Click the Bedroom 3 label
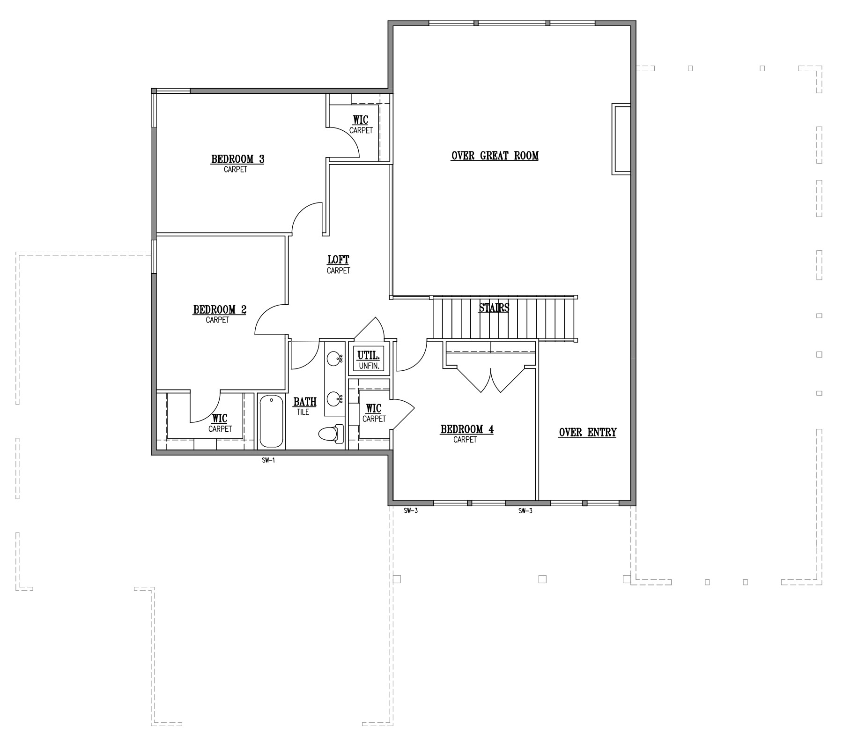pyautogui.click(x=237, y=159)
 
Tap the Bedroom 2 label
pyautogui.click(x=220, y=310)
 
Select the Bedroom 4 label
pyautogui.click(x=467, y=429)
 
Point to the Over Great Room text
pyautogui.click(x=495, y=156)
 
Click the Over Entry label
pyautogui.click(x=588, y=432)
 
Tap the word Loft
pyautogui.click(x=338, y=260)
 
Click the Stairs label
pyautogui.click(x=494, y=308)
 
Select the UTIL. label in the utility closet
pyautogui.click(x=369, y=355)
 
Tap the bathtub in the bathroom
pyautogui.click(x=271, y=421)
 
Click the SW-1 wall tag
pyautogui.click(x=268, y=461)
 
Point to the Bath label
pyautogui.click(x=305, y=402)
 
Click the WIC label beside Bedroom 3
pyautogui.click(x=361, y=120)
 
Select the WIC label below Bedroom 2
pyautogui.click(x=220, y=419)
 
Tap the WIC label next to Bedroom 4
pyautogui.click(x=374, y=409)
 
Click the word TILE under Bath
pyautogui.click(x=303, y=412)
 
